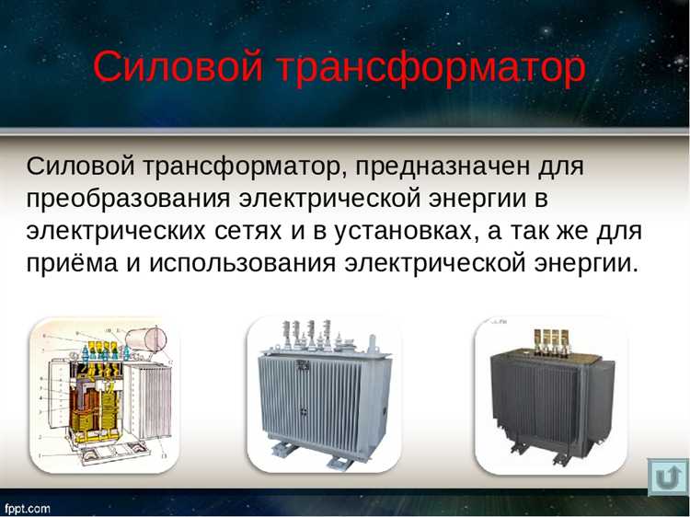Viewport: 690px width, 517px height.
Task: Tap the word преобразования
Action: pos(130,199)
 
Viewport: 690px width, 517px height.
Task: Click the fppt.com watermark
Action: pos(28,508)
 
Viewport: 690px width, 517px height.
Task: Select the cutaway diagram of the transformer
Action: pos(103,394)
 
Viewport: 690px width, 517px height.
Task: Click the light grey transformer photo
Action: pos(322,394)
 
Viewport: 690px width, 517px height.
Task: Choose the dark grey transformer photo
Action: pos(550,394)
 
